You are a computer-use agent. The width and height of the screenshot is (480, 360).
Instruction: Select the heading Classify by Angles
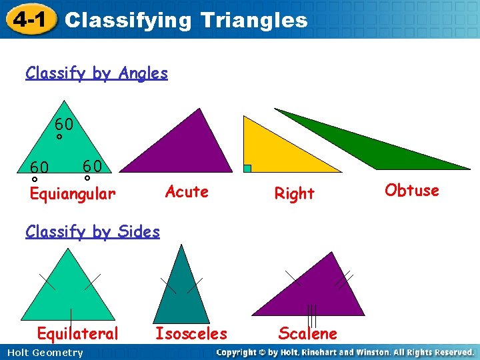pyautogui.click(x=97, y=73)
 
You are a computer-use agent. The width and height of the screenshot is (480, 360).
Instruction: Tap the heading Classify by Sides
pyautogui.click(x=93, y=232)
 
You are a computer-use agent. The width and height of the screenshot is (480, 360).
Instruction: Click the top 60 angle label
pyautogui.click(x=64, y=125)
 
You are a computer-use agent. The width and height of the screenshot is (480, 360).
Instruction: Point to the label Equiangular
pyautogui.click(x=73, y=194)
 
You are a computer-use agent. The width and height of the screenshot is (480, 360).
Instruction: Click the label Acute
pyautogui.click(x=187, y=192)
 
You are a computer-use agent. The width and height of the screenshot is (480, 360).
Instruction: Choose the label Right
pyautogui.click(x=294, y=194)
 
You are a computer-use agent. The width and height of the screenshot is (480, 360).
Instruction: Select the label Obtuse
pyautogui.click(x=412, y=191)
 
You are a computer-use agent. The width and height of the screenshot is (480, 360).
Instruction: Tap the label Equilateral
pyautogui.click(x=77, y=333)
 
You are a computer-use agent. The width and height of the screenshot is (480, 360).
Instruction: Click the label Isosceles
pyautogui.click(x=191, y=333)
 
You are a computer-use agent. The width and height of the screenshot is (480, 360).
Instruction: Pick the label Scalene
pyautogui.click(x=307, y=333)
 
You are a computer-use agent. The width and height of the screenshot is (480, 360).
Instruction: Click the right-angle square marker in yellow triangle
pyautogui.click(x=247, y=169)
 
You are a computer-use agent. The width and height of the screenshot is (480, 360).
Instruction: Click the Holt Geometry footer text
pyautogui.click(x=43, y=353)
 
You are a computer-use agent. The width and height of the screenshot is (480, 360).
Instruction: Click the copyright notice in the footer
pyautogui.click(x=345, y=352)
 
